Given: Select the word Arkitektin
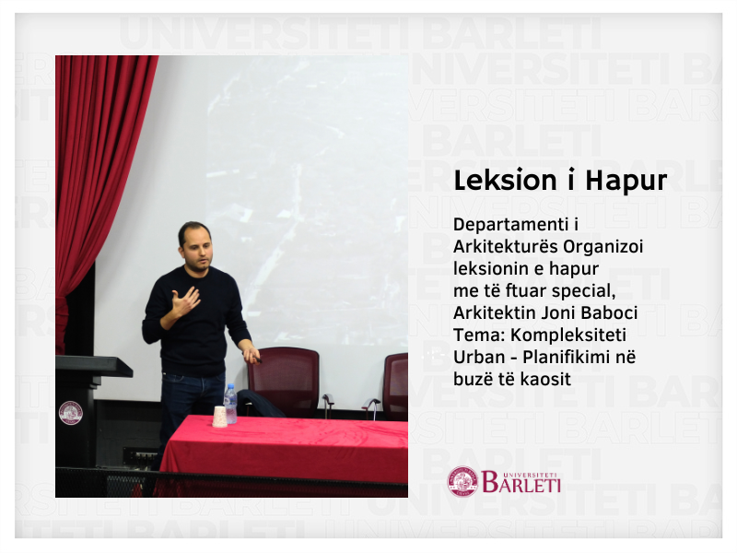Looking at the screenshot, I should click(x=492, y=312).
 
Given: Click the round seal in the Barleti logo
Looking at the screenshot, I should click(x=462, y=481).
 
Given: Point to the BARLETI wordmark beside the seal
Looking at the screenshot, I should click(x=521, y=481).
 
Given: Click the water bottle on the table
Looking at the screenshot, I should click(x=230, y=404).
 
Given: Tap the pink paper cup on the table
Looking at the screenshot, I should click(x=219, y=417).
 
